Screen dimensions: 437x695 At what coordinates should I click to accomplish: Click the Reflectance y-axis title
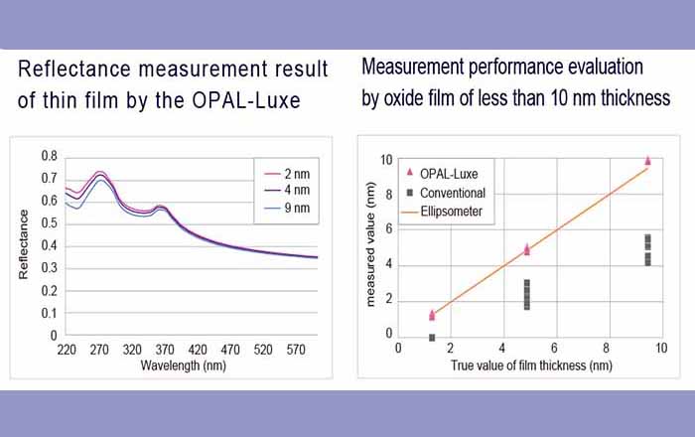tap(24, 244)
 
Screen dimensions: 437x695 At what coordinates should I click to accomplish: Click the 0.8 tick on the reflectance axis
tap(49, 157)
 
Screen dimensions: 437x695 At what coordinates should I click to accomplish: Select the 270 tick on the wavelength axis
tap(99, 350)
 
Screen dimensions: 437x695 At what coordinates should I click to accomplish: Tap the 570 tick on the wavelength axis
tap(295, 350)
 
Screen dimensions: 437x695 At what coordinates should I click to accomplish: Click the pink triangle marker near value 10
tap(648, 160)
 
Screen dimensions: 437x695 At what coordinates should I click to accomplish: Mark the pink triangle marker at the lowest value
tap(432, 315)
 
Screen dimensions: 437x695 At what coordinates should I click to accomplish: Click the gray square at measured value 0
tap(432, 338)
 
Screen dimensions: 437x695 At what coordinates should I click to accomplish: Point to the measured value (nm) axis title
tap(370, 243)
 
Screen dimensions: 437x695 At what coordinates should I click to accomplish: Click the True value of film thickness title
tap(530, 366)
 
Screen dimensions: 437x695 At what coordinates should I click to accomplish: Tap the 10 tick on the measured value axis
tap(386, 160)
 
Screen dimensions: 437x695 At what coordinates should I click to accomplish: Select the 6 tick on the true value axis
tap(553, 349)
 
